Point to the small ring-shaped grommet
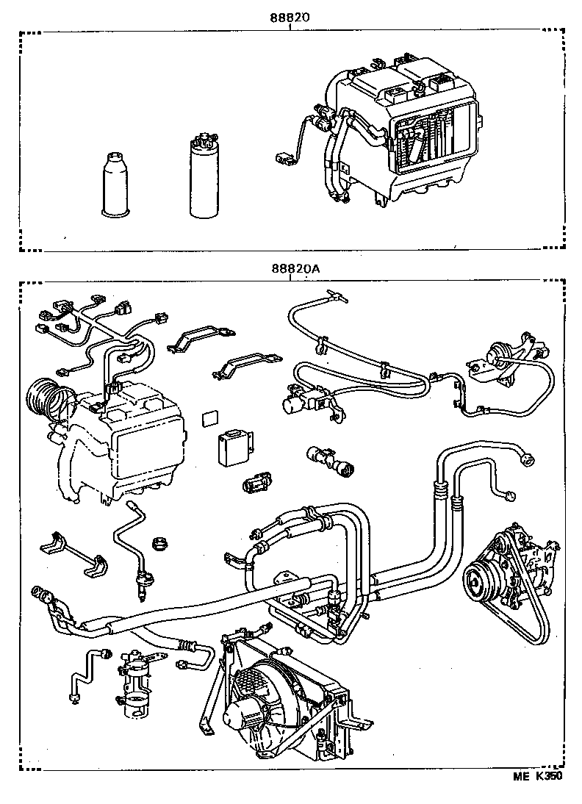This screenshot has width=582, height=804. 159,545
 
